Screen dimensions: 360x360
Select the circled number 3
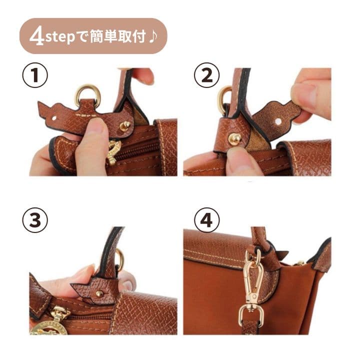pyautogui.click(x=35, y=220)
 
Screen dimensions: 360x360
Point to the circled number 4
pyautogui.click(x=207, y=220)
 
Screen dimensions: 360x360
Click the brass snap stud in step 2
pyautogui.click(x=234, y=138)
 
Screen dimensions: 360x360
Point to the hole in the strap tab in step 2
pyautogui.click(x=278, y=121)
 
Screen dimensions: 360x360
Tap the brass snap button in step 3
pyautogui.click(x=98, y=294)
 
